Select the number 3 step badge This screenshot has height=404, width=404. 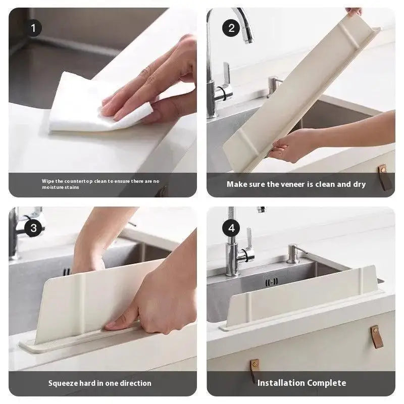[x=33, y=228]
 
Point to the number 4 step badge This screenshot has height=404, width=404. [x=231, y=228]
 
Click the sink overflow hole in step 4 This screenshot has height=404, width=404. [x=272, y=282]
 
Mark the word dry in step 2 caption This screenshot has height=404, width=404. [x=359, y=184]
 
